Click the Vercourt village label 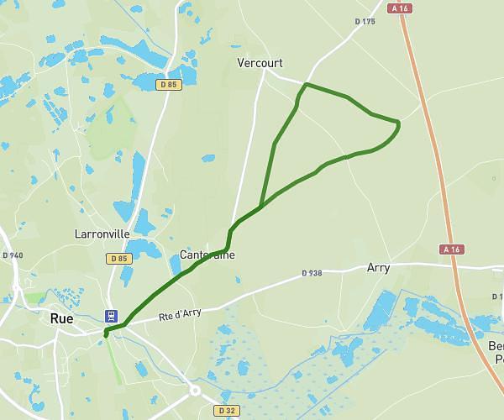click(260, 63)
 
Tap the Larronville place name click(102, 234)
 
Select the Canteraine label click(207, 255)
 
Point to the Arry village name click(378, 268)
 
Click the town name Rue click(61, 318)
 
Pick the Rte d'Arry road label click(180, 316)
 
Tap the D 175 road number click(365, 22)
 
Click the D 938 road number click(312, 273)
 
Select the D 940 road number click(13, 255)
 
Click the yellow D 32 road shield click(225, 410)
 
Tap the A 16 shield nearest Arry click(451, 249)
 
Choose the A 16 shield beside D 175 click(401, 8)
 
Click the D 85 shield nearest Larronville click(119, 259)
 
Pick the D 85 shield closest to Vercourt click(168, 84)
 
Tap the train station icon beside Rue click(111, 316)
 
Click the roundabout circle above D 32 click(195, 391)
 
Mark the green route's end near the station click(106, 335)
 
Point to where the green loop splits click(262, 206)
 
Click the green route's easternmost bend click(398, 126)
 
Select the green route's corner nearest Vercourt click(306, 85)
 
